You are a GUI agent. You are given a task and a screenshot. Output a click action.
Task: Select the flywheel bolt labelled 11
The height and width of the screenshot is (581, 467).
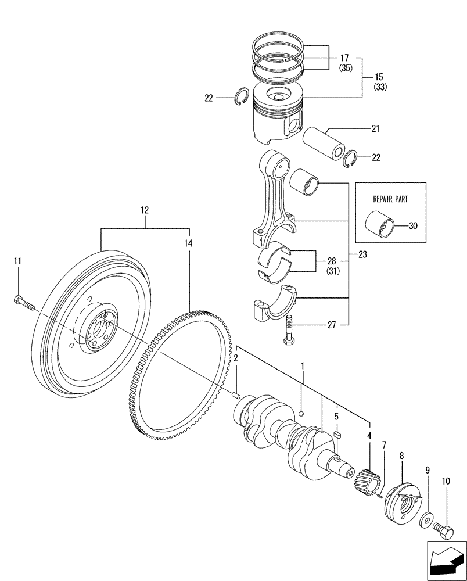coord(23,302)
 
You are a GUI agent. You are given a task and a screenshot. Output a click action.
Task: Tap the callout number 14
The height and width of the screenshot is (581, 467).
coord(188,245)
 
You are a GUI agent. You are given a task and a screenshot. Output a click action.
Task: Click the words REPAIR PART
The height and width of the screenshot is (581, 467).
coord(390,198)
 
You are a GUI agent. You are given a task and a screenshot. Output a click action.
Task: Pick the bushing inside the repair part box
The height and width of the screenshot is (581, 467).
coord(380,224)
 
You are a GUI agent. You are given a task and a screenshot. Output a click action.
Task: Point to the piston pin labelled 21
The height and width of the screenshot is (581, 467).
coord(326,143)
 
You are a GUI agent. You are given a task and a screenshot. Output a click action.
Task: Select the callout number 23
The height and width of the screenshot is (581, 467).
coord(363,254)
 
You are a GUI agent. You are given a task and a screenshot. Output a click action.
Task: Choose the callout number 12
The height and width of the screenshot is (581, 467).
coord(144,210)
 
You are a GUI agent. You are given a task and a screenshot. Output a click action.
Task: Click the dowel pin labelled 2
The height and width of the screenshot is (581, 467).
coord(236,395)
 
